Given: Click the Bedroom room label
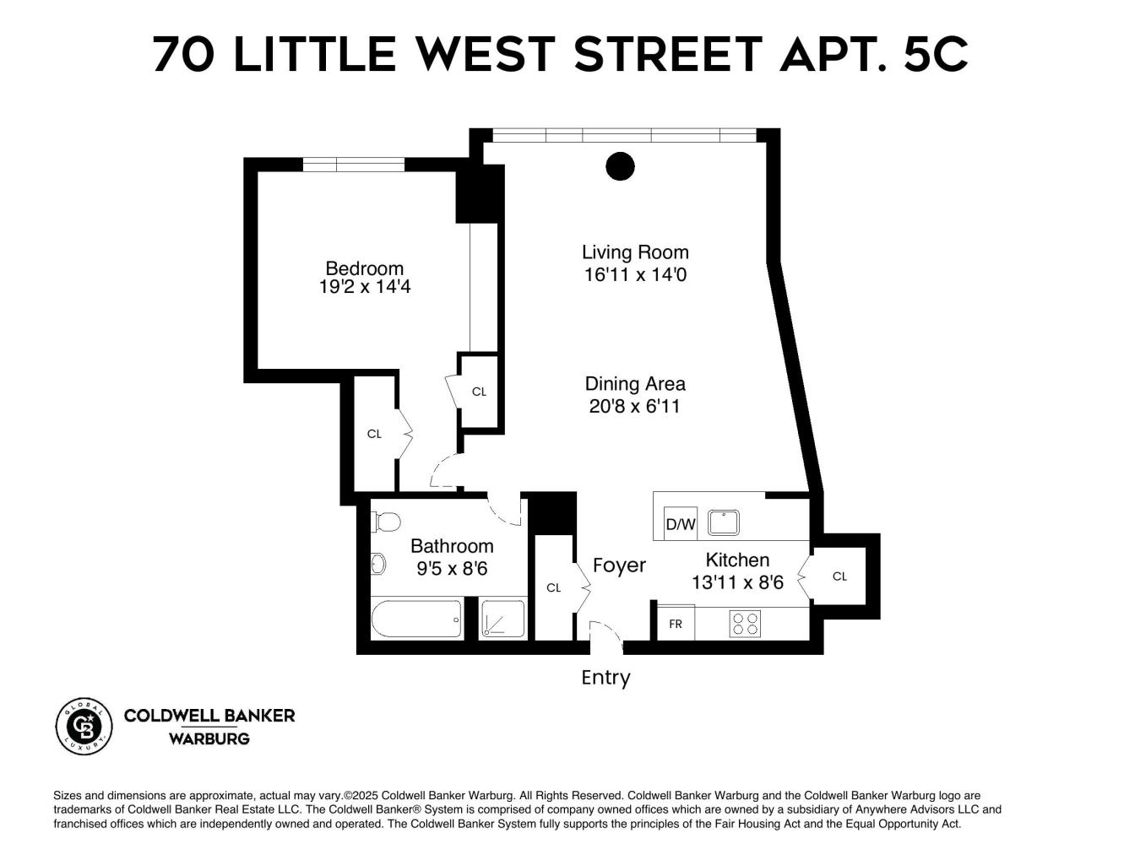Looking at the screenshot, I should [364, 268].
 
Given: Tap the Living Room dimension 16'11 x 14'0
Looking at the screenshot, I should [635, 274].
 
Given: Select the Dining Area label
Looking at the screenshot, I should [635, 384].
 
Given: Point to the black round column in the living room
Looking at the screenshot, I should [621, 166].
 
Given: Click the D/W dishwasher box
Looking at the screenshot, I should [680, 524].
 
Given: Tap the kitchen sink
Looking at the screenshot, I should [723, 523].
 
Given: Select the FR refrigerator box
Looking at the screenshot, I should [676, 624].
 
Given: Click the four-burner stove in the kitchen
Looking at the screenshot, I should [745, 624].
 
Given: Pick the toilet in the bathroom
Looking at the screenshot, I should [386, 522].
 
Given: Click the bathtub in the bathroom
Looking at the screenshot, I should [416, 619].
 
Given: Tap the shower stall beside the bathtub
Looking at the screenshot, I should [502, 619].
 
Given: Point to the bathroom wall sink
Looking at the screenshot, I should [378, 563].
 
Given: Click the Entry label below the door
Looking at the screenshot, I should [605, 678].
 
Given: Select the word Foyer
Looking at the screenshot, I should [619, 565].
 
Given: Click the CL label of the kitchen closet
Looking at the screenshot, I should [839, 576].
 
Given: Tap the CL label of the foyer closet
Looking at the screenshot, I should [554, 587].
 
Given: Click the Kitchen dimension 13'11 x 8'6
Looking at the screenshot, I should [737, 582].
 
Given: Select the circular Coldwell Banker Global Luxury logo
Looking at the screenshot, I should [84, 727].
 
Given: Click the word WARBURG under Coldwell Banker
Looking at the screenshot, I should [209, 738].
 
